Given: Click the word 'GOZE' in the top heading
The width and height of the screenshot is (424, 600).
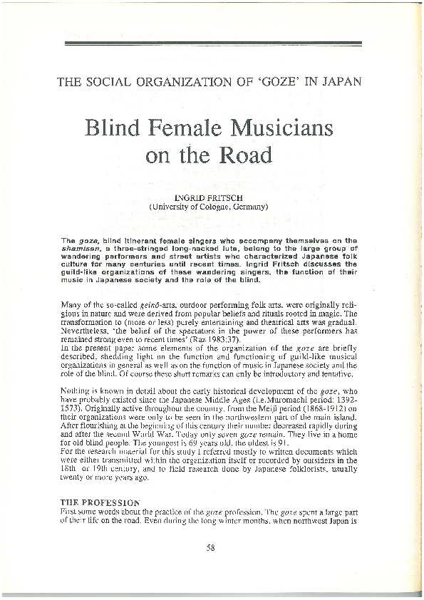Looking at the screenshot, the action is pos(284,81).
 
